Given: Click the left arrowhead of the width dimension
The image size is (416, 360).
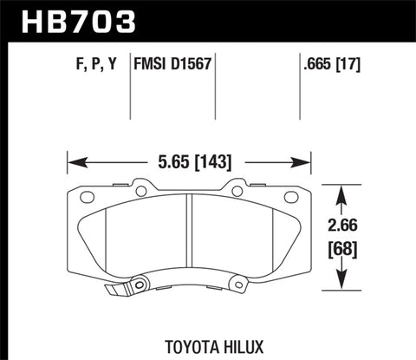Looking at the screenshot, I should point(74,160).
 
